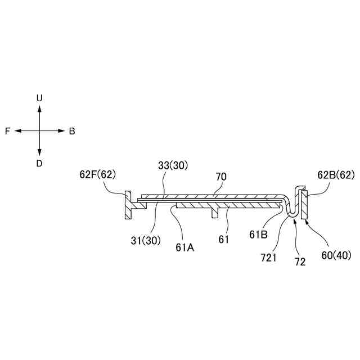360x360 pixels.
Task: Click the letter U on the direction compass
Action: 39,98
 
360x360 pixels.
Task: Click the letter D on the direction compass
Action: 39,164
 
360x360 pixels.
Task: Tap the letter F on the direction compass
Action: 7,131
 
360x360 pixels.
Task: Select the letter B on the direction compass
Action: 72,131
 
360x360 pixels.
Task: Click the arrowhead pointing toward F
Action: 17,131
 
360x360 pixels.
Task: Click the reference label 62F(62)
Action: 97,174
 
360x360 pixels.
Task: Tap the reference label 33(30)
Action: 173,165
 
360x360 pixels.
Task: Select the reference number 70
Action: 221,176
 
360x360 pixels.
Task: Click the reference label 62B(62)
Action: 336,174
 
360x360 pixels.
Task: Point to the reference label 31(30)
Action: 145,240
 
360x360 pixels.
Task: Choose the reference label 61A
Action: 184,246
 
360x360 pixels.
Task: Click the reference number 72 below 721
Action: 299,262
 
